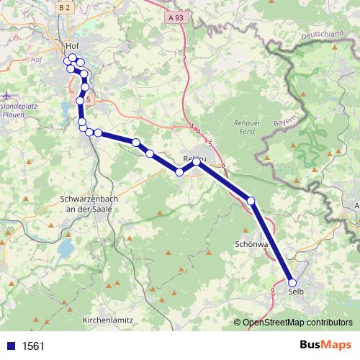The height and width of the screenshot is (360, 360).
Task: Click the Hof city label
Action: click(x=71, y=45)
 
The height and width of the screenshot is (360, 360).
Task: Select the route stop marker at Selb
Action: click(x=292, y=282)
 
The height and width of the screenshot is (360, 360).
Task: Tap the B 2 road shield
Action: click(x=65, y=7)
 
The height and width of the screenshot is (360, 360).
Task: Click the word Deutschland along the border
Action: click(x=323, y=35)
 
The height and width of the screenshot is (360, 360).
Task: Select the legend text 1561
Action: click(x=33, y=346)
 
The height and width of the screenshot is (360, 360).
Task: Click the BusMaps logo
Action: click(x=325, y=345)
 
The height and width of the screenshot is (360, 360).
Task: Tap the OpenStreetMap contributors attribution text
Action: click(x=298, y=323)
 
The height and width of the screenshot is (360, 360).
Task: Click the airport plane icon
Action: click(x=6, y=94)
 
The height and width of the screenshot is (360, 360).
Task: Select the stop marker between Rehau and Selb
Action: click(x=251, y=200)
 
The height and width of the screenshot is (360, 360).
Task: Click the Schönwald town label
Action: click(x=251, y=244)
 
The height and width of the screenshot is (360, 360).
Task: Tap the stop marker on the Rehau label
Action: click(x=196, y=161)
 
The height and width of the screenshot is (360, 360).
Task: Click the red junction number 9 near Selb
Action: click(x=273, y=289)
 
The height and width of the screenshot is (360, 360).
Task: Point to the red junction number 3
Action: click(x=184, y=58)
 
